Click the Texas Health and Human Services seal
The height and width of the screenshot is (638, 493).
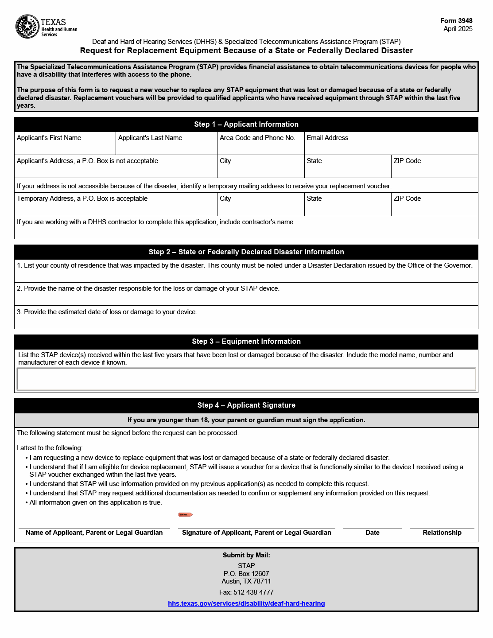click(27, 27)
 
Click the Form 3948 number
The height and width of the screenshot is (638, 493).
click(456, 21)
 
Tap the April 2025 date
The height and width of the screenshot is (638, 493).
click(458, 29)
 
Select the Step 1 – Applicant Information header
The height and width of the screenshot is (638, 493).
click(246, 124)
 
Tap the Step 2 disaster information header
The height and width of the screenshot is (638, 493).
click(246, 252)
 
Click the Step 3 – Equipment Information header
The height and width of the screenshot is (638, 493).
click(246, 342)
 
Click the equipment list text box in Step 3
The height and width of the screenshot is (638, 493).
click(246, 379)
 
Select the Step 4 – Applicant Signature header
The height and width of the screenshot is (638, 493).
click(246, 405)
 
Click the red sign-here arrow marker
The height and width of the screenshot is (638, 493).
click(186, 514)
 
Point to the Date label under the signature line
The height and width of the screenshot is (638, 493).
click(373, 533)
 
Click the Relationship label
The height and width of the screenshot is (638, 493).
click(442, 533)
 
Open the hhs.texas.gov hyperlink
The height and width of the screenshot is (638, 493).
click(246, 603)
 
